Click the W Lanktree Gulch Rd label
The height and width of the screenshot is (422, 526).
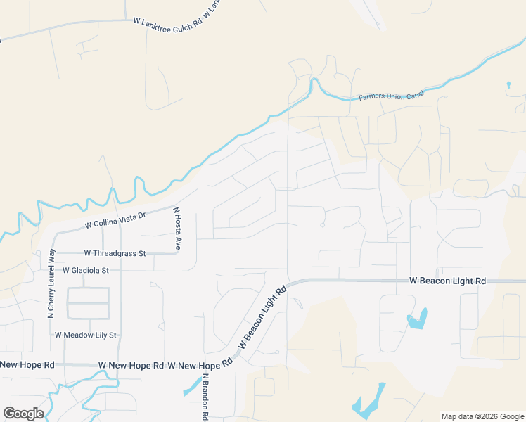click(167, 22)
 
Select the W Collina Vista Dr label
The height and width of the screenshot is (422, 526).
click(115, 220)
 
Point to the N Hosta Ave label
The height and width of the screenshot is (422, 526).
click(178, 229)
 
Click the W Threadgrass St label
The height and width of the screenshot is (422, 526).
click(115, 253)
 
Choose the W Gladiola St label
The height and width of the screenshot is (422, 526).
click(86, 270)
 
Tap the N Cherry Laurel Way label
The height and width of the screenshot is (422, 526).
click(51, 284)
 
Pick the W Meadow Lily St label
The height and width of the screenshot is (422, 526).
click(86, 335)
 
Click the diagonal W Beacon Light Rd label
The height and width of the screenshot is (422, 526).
click(263, 317)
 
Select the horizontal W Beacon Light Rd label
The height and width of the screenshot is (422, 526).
click(448, 281)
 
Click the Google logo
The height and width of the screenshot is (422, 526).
click(23, 414)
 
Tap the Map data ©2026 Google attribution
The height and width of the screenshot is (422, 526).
click(482, 416)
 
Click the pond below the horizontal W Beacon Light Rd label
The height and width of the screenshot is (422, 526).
click(417, 320)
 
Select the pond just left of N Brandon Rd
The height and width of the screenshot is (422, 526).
click(191, 385)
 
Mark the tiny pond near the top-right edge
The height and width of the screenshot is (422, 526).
click(508, 86)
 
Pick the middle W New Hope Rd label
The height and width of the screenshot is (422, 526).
click(131, 366)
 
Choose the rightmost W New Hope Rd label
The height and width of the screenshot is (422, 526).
click(200, 366)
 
